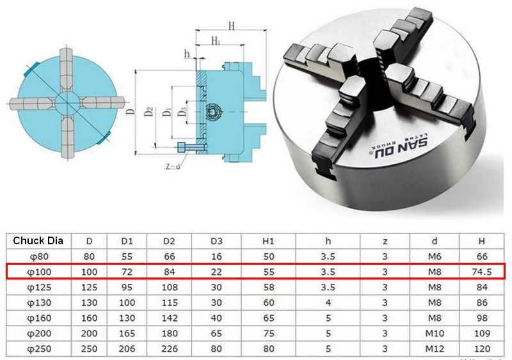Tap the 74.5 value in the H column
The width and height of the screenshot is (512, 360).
click(482, 272)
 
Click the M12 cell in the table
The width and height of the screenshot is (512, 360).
click(435, 349)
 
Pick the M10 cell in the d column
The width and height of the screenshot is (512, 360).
click(435, 334)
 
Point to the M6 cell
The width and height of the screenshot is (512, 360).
click(435, 256)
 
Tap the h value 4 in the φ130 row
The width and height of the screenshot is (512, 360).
click(328, 302)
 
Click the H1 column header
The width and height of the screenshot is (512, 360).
click(269, 241)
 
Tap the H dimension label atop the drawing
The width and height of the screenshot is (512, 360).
click(231, 26)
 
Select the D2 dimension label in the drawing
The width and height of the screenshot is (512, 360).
click(148, 113)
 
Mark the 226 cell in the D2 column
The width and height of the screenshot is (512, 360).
click(169, 349)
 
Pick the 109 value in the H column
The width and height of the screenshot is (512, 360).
click(482, 334)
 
